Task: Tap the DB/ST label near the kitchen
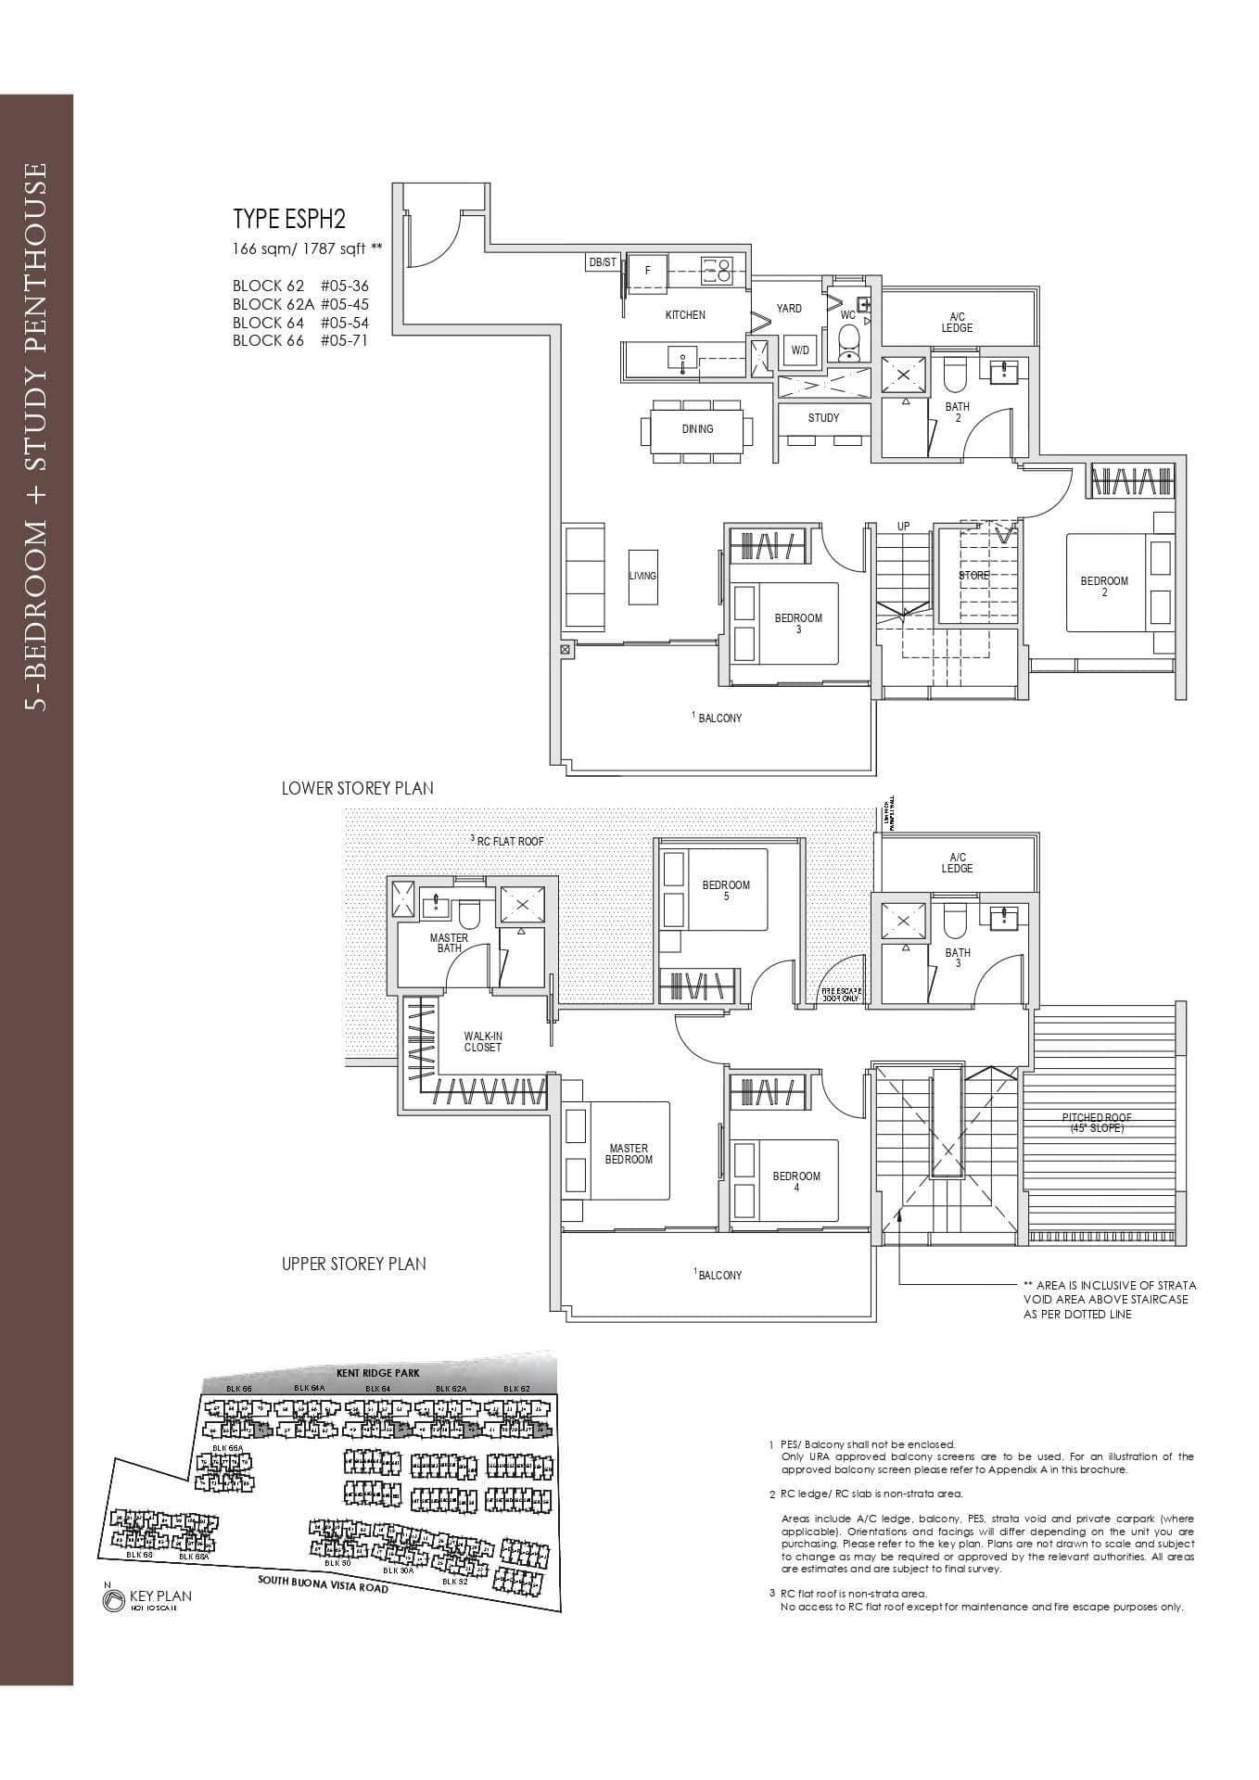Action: (602, 263)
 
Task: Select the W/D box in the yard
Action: (799, 350)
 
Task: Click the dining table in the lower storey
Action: (697, 429)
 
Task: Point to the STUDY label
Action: (823, 418)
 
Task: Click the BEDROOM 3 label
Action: (798, 624)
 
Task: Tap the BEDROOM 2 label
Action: (1104, 586)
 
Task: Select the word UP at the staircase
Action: (903, 527)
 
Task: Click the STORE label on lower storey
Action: (973, 576)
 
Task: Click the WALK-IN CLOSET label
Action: (482, 1042)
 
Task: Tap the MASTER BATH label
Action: (449, 943)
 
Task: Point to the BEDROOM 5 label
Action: (726, 890)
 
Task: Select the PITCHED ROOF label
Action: (1097, 1123)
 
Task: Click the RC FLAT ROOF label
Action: (507, 841)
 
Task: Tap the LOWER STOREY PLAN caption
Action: (357, 789)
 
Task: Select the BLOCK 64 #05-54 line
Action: (300, 323)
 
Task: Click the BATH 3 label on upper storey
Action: (958, 958)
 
